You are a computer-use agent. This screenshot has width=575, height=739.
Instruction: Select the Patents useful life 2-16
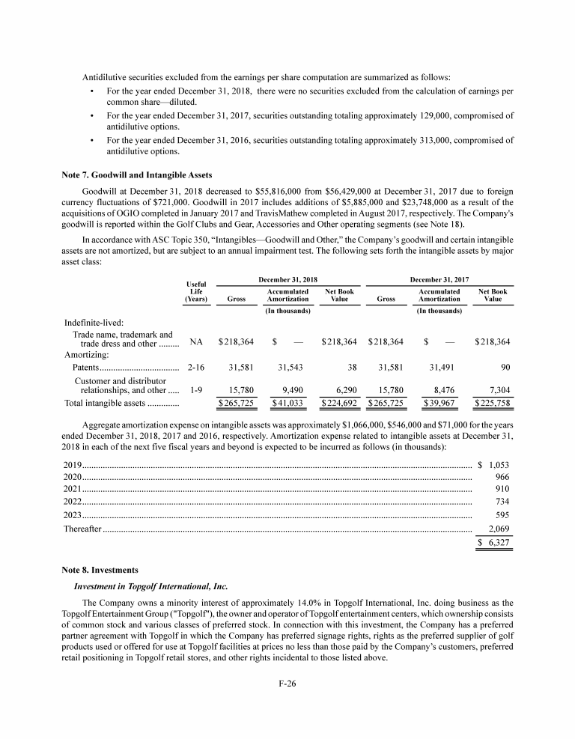196,368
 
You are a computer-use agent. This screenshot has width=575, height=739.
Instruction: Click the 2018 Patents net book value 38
350,368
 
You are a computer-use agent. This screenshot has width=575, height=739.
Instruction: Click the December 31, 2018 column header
287,279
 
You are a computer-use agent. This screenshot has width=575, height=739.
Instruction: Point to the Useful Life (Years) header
195,291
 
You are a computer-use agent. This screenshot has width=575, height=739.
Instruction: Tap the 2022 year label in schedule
73,501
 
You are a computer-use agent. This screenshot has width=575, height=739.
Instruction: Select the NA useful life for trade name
196,342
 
